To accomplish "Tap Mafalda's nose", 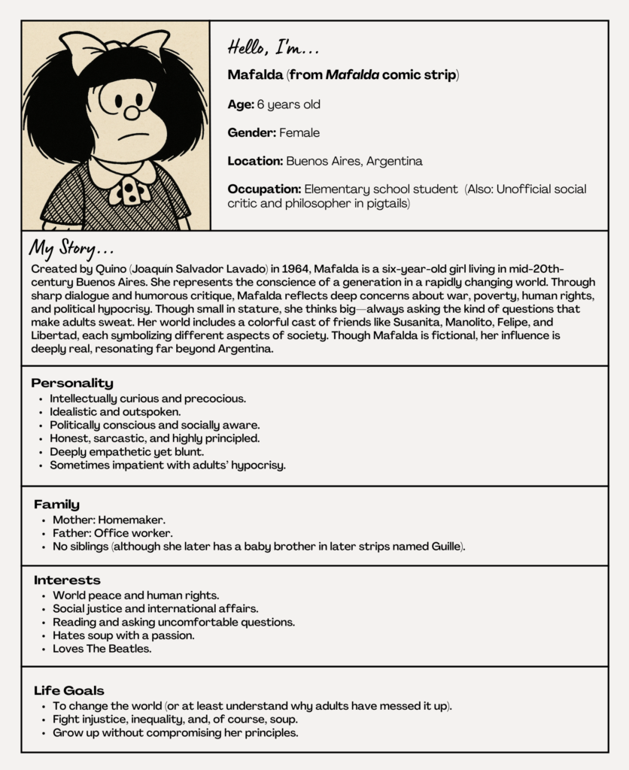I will (132, 114).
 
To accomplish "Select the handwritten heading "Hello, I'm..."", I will (273, 48).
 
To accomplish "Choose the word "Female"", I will (299, 133).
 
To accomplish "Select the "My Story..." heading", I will (72, 249).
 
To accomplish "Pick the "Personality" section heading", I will (72, 383).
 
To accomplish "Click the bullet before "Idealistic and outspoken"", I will (41, 413).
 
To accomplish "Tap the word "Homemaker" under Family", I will (135, 520).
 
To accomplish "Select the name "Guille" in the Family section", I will (444, 547).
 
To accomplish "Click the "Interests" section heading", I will (67, 581).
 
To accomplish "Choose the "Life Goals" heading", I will (69, 690).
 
